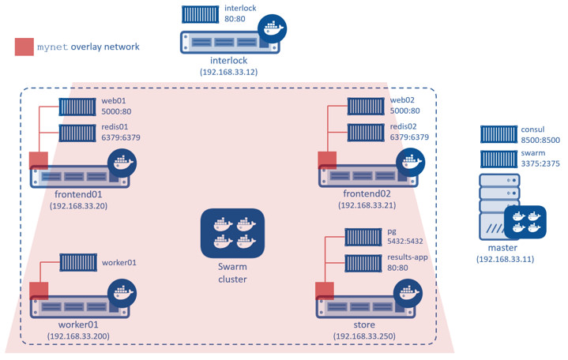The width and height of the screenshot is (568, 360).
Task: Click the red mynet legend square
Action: (24, 47)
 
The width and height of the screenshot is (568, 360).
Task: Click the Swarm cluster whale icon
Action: (231, 233)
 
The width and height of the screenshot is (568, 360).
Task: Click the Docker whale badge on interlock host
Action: (273, 28)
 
